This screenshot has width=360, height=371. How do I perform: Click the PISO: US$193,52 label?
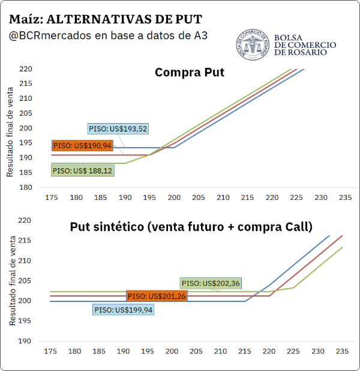(x=118, y=128)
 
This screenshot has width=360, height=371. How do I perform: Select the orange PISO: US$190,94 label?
(x=82, y=145)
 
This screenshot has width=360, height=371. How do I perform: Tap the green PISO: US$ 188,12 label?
(x=83, y=170)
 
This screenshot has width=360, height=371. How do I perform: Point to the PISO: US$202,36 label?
(x=211, y=283)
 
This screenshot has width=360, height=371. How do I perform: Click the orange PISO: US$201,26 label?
(x=157, y=296)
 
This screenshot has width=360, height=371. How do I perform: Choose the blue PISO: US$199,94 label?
(x=123, y=310)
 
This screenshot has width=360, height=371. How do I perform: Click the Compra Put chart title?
(x=190, y=73)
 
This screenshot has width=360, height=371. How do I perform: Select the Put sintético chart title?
(x=191, y=227)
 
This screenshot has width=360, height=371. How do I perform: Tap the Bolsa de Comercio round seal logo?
(x=253, y=44)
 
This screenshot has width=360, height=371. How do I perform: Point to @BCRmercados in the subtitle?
(x=50, y=36)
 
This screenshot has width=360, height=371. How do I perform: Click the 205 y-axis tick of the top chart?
(x=26, y=113)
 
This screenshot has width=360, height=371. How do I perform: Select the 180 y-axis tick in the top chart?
(x=26, y=187)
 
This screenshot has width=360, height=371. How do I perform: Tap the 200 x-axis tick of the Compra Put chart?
(x=174, y=198)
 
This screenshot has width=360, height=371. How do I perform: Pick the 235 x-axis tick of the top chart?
(x=346, y=198)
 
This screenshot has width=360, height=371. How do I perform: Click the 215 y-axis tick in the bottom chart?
(x=25, y=240)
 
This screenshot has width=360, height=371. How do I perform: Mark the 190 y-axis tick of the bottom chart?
(x=25, y=341)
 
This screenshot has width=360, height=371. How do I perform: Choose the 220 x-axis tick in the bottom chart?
(x=269, y=351)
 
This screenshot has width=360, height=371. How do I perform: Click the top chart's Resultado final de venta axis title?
(x=10, y=132)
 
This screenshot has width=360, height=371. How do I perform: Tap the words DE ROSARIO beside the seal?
(x=301, y=52)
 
